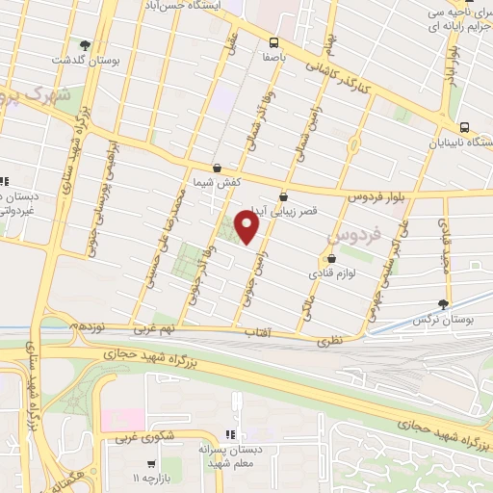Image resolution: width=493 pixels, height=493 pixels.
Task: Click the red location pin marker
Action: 247,227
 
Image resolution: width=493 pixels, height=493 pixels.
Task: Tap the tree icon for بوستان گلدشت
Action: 86,44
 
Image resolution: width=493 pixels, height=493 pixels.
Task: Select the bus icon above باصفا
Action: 273,41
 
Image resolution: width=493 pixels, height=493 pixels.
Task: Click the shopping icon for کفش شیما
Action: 217,168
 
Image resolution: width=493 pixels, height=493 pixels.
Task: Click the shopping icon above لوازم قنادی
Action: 332,258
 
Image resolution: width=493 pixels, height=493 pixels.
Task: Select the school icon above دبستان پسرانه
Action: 230,434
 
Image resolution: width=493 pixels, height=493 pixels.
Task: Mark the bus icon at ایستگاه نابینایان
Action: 465,126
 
